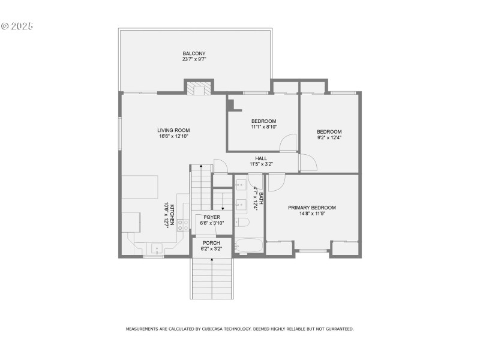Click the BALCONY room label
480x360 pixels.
point(194,54)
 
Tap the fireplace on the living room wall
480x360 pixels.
point(198,89)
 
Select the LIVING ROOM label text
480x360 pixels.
point(173,130)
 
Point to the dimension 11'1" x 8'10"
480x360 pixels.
point(263,127)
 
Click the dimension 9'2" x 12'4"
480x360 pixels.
point(329,137)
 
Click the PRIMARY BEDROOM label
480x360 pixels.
point(311,208)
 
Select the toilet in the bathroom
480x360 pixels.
point(242,223)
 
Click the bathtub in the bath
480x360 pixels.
point(248,245)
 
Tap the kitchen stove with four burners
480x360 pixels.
point(183,225)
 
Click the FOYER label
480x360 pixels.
point(212,217)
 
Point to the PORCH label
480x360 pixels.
point(211,242)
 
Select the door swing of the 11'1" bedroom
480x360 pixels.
point(289,143)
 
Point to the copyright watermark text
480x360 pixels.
point(17,26)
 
